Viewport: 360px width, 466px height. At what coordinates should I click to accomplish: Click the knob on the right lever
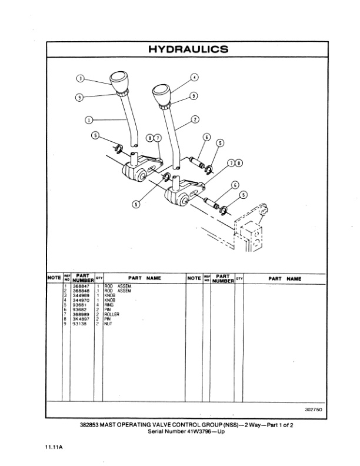(x=162, y=92)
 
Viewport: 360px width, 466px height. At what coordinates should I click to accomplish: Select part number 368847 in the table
(x=80, y=286)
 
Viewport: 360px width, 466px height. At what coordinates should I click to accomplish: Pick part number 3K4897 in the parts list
(x=80, y=319)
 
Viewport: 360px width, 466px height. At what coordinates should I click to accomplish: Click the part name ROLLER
(x=112, y=314)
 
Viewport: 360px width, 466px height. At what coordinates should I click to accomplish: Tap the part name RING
(x=109, y=305)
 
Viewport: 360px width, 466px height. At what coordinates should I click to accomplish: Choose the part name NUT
(x=108, y=324)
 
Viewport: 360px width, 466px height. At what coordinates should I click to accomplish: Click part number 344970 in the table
(x=80, y=300)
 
